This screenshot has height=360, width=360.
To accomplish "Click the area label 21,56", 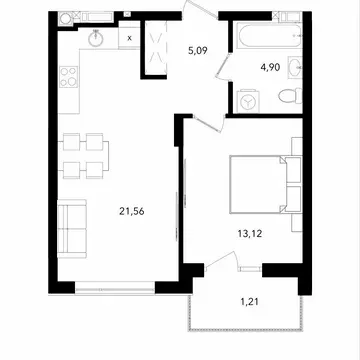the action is (132, 211).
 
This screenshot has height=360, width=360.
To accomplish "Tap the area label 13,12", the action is (250, 234).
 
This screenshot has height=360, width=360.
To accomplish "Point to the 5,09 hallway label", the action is (197, 51).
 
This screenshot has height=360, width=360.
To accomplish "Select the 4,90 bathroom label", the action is (270, 67).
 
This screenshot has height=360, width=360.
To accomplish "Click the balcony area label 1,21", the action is (250, 302).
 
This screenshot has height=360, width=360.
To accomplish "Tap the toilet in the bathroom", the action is (290, 96).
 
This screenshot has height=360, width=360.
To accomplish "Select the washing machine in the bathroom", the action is (248, 101).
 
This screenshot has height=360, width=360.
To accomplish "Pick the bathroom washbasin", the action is (295, 67).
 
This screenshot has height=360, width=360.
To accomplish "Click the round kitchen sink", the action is (96, 38).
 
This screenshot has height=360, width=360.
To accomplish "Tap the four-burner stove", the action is (69, 77).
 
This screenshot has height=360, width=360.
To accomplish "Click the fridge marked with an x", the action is (129, 38).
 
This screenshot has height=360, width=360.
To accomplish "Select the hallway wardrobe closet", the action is (155, 50).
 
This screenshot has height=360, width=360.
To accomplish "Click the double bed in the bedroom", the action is (265, 184).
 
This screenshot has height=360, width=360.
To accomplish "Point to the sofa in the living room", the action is (72, 229).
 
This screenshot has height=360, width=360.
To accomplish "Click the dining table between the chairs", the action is (83, 156).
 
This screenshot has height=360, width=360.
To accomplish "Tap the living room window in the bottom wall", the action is (115, 287).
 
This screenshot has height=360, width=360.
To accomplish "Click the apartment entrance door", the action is (201, 10).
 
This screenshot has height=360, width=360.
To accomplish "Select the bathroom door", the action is (224, 67).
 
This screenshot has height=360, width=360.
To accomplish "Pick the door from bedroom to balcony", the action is (221, 261).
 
